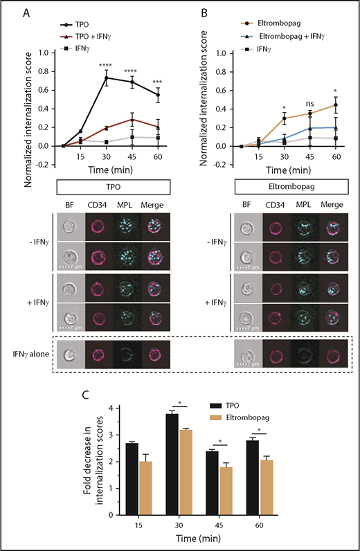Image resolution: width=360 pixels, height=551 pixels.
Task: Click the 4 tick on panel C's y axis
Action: pyautogui.click(x=98, y=408)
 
